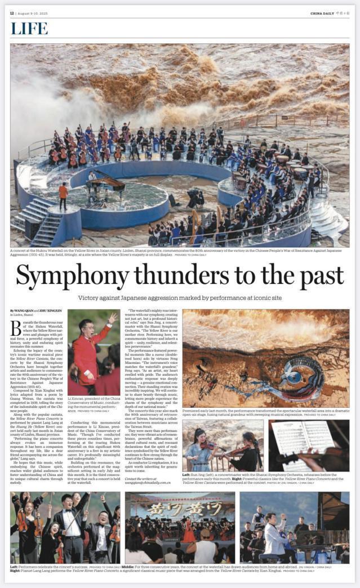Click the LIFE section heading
(29, 29)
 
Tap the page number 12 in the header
(12, 13)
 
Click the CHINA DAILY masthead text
(322, 13)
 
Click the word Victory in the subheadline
(93, 297)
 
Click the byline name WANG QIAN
(25, 311)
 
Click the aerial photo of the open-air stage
(265, 358)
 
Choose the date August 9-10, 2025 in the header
(33, 13)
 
